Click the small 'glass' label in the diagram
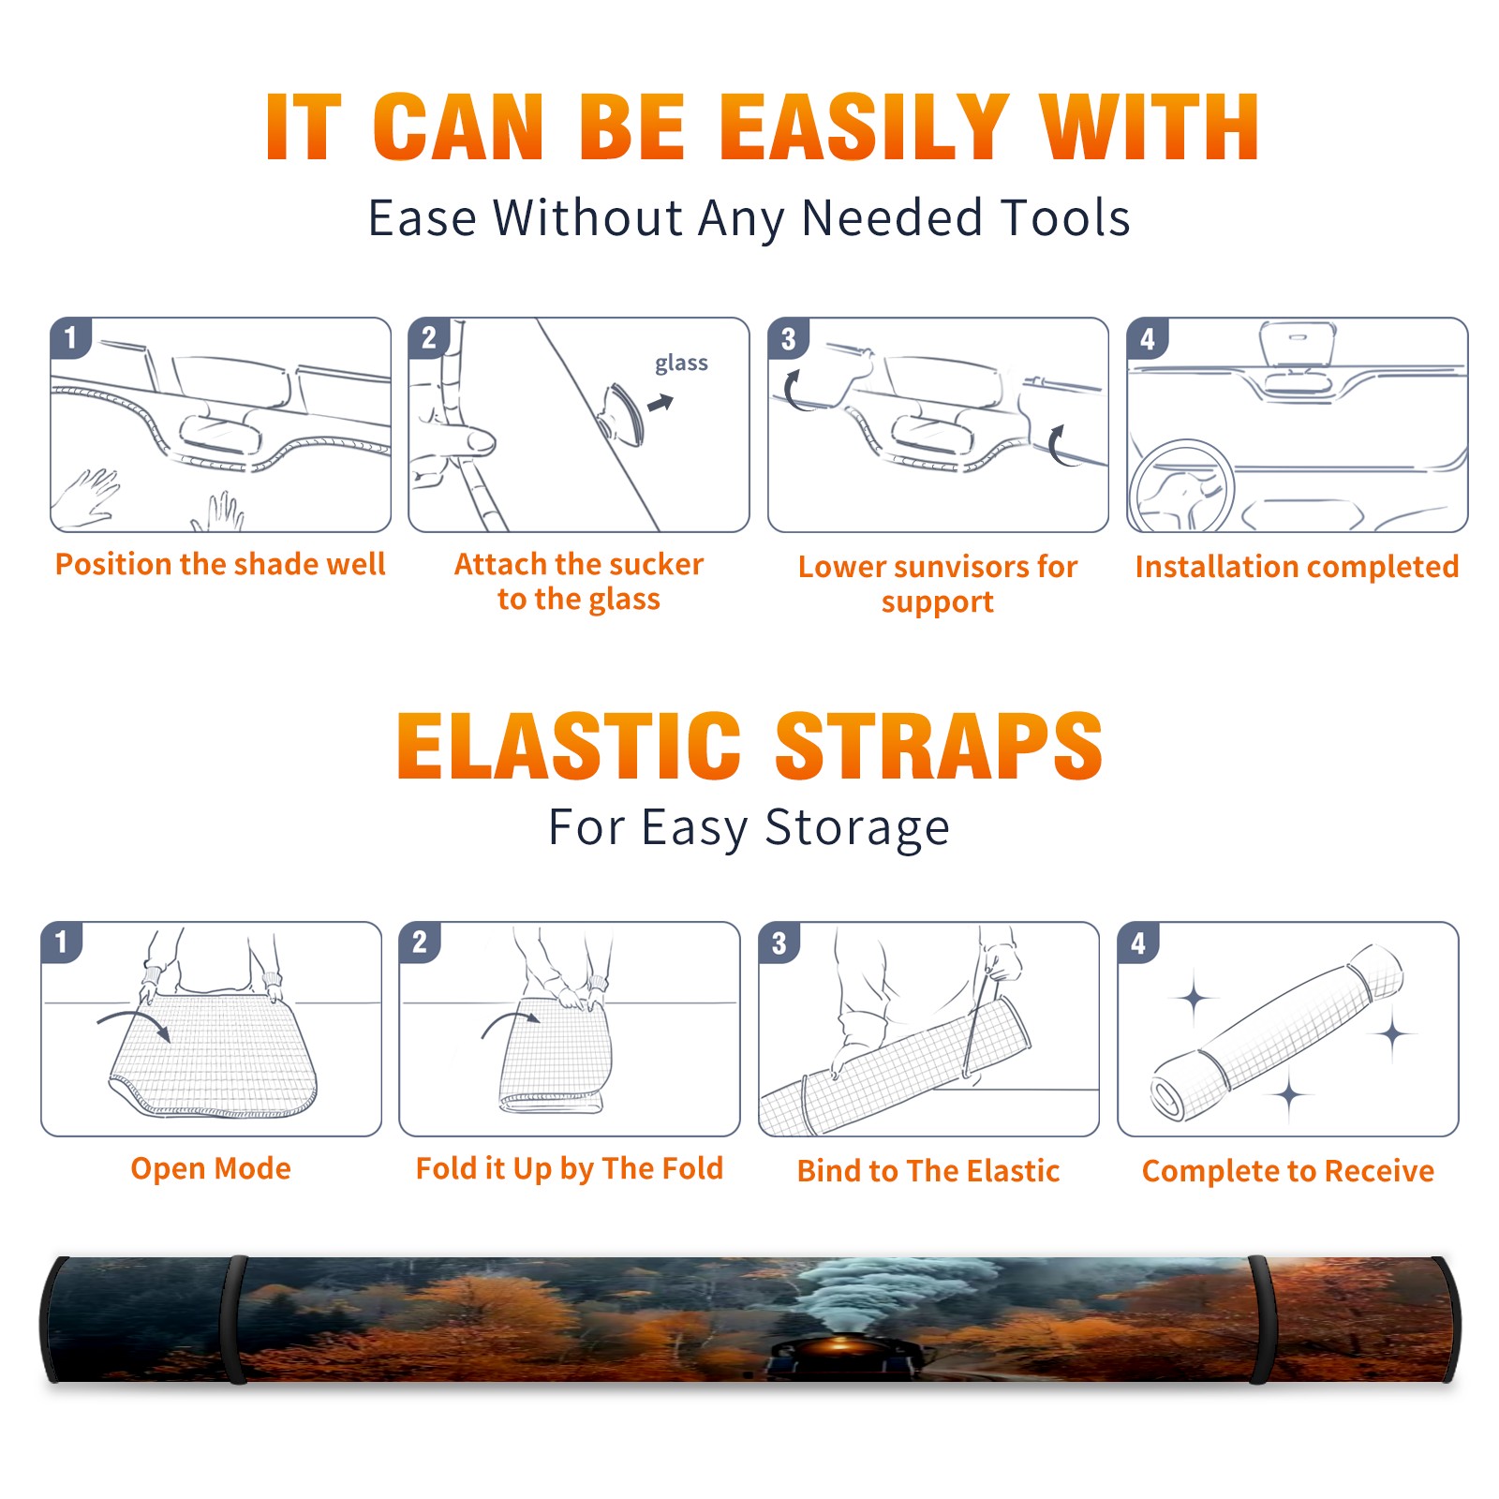(681, 364)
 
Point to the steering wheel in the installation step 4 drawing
(1181, 485)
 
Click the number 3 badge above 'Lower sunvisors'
(788, 338)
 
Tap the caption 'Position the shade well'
(220, 564)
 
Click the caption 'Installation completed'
(1297, 567)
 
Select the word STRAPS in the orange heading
(939, 746)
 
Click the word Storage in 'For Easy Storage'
(857, 828)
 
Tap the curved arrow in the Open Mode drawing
(134, 1022)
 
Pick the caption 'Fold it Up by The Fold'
(570, 1168)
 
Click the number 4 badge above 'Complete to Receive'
(1138, 942)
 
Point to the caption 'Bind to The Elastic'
(928, 1171)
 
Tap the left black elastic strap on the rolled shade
(235, 1319)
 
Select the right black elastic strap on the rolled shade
(1261, 1319)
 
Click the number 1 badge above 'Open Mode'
(62, 942)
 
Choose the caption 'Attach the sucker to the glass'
(579, 582)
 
